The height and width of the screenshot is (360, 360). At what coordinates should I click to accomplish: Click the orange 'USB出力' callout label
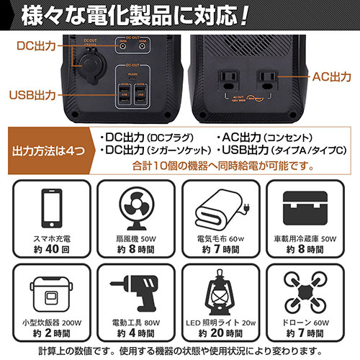click(33, 94)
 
